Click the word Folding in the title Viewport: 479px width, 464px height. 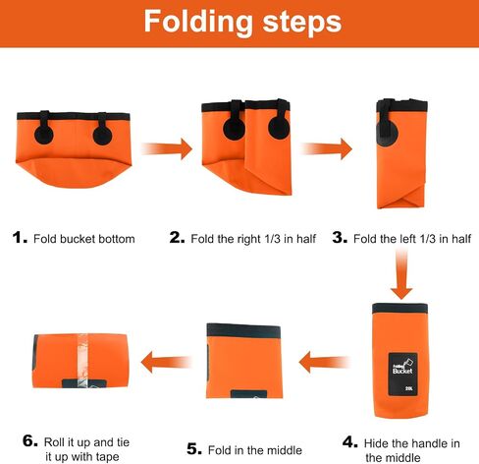(x=198, y=23)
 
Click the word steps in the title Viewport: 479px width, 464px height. (x=302, y=22)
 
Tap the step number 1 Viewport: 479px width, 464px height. (x=20, y=238)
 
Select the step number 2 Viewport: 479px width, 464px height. (x=177, y=238)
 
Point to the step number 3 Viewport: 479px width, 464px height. (x=340, y=238)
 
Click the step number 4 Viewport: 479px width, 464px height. (x=350, y=442)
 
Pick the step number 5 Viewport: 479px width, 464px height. (x=194, y=449)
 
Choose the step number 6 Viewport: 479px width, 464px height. (x=30, y=440)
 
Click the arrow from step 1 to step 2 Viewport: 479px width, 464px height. (x=167, y=149)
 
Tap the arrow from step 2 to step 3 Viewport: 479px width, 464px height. (x=327, y=149)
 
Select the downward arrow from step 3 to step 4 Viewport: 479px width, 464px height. (x=401, y=273)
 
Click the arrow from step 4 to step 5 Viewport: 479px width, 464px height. (x=324, y=362)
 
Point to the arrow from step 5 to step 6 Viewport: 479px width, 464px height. (x=166, y=362)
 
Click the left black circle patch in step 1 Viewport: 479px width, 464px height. (x=44, y=135)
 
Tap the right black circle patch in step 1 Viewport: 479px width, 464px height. (x=102, y=136)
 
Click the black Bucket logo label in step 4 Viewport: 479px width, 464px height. (x=402, y=375)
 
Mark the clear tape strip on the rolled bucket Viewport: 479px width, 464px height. (x=82, y=361)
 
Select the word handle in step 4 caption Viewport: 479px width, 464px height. (x=426, y=443)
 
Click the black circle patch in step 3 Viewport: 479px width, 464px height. (x=388, y=135)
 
